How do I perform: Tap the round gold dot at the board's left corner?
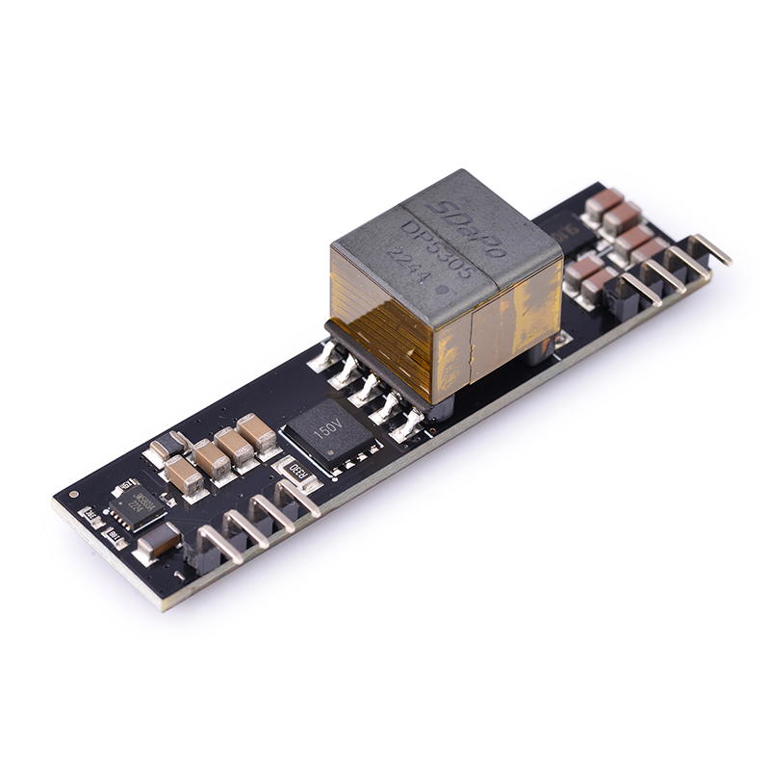74,494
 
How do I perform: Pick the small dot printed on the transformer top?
440,289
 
